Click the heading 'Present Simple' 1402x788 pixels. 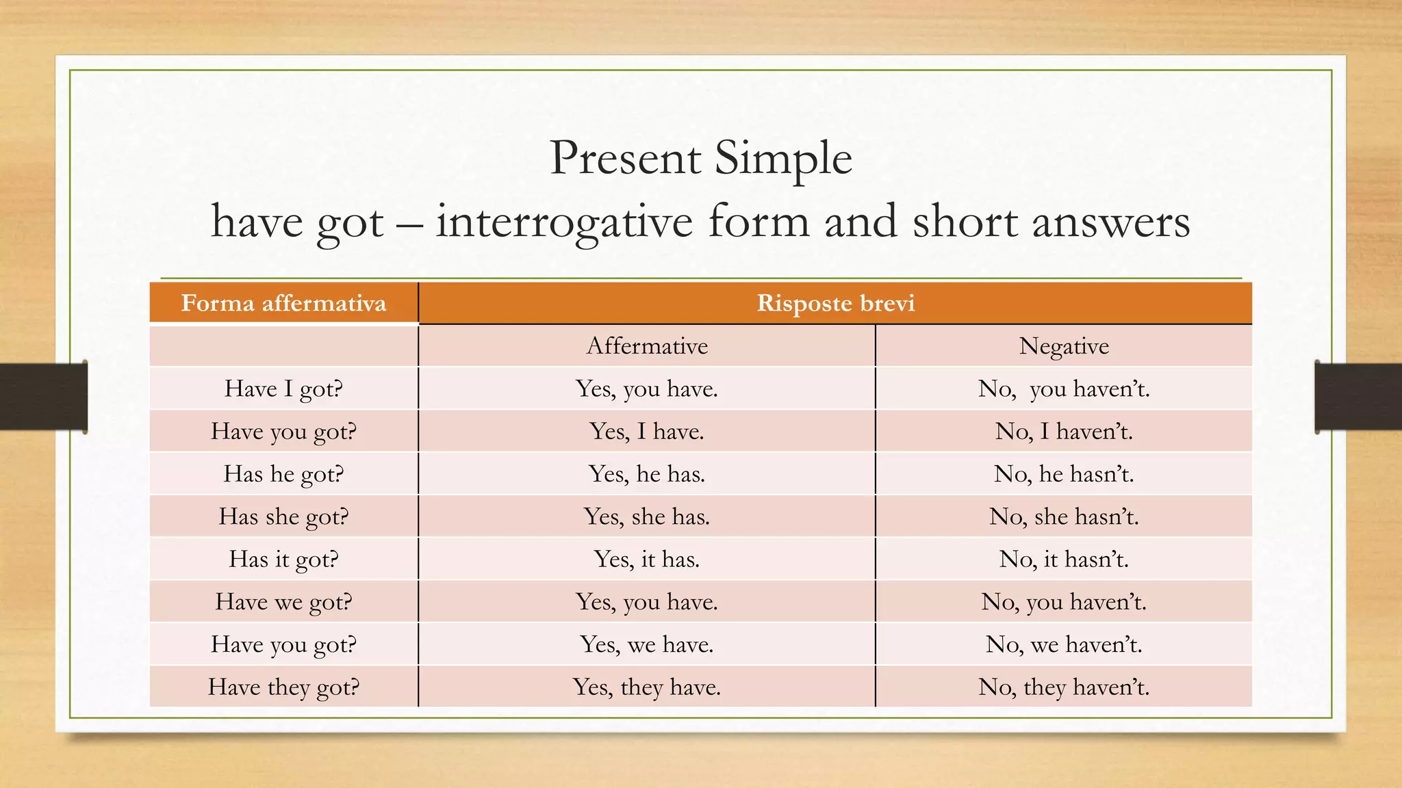click(700, 158)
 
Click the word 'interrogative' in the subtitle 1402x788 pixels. click(564, 222)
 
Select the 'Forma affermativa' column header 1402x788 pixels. click(283, 303)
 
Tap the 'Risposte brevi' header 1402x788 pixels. click(835, 303)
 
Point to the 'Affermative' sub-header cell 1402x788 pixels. click(647, 346)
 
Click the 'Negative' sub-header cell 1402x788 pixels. click(1063, 346)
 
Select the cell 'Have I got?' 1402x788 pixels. click(283, 389)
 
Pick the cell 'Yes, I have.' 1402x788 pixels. click(647, 432)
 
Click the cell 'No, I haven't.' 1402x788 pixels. click(1063, 432)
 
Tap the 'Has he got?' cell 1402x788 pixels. click(283, 474)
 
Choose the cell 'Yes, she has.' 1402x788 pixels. click(647, 516)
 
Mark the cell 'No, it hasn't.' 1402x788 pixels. click(1063, 560)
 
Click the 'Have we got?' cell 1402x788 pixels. click(283, 602)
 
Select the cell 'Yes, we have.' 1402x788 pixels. click(647, 644)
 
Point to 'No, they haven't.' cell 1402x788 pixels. click(1063, 687)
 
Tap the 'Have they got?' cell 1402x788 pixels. click(283, 687)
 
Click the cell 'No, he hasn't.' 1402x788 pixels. click(1063, 474)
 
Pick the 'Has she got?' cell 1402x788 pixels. click(283, 516)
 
